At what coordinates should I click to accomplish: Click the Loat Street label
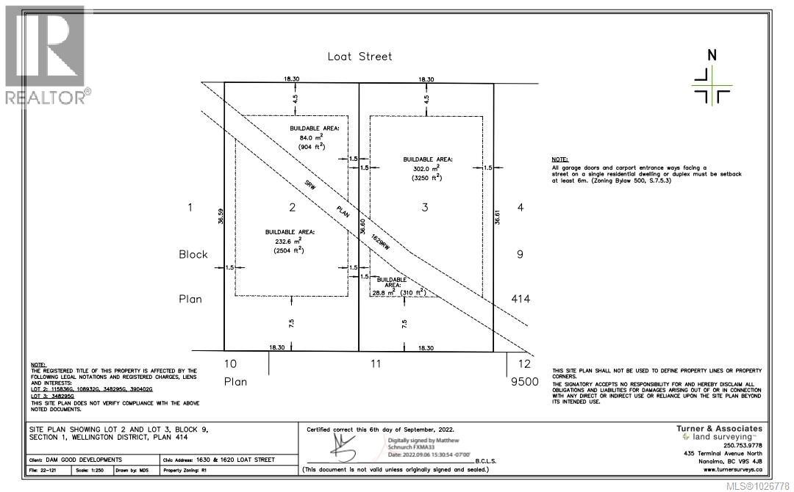(x=360, y=57)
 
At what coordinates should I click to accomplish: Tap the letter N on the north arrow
(x=710, y=55)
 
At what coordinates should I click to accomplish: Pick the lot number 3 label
(x=425, y=208)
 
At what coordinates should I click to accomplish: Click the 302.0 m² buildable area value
(x=426, y=168)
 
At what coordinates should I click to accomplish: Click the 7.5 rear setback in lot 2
(x=292, y=322)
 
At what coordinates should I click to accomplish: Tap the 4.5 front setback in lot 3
(x=426, y=98)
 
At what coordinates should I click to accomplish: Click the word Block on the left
(x=193, y=255)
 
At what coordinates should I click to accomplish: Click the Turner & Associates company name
(x=718, y=429)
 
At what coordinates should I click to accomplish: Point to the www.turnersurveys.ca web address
(x=732, y=469)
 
